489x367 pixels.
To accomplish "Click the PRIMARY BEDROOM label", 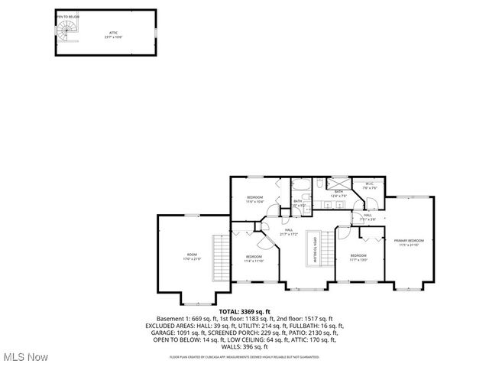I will click(x=409, y=242).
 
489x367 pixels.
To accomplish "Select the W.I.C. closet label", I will click(x=369, y=185).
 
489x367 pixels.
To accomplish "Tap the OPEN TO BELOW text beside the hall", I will click(x=313, y=249).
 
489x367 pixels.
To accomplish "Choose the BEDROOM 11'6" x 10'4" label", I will click(x=255, y=200).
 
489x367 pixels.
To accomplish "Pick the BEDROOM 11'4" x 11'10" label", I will click(x=254, y=258).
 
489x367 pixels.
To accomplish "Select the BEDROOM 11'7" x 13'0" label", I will click(x=359, y=258).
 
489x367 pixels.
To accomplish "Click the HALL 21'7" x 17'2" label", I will click(x=290, y=231).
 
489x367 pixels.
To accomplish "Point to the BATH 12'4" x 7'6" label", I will click(x=338, y=194).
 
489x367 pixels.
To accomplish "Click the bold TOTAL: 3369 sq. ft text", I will click(x=244, y=312).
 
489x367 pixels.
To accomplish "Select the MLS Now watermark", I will click(x=25, y=357).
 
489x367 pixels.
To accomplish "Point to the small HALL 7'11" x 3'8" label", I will click(x=368, y=216).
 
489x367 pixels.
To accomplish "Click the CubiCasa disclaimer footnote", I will click(x=244, y=356).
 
